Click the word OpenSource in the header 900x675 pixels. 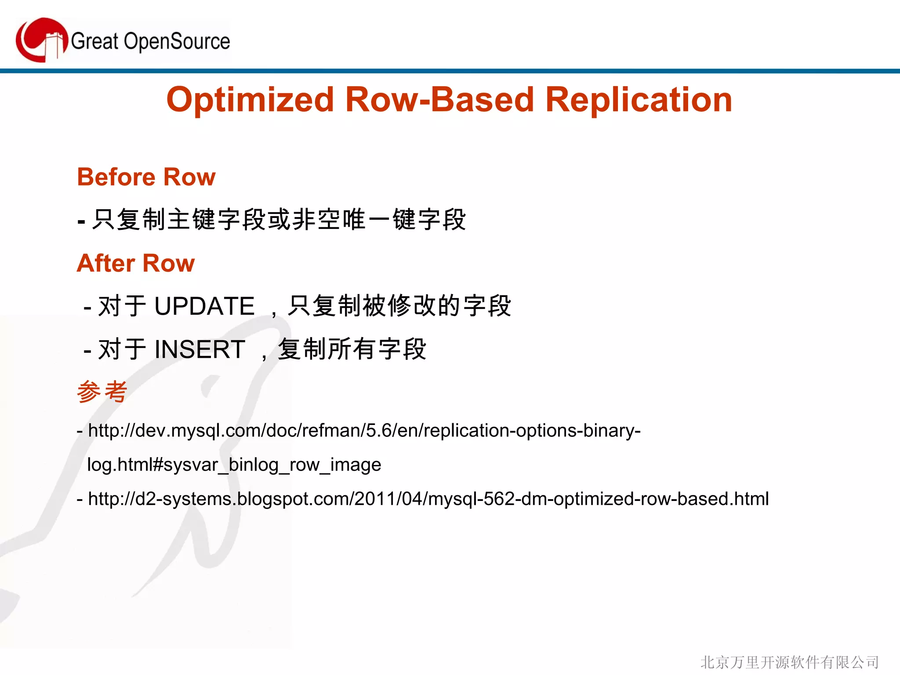click(177, 41)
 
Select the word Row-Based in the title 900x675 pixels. click(439, 99)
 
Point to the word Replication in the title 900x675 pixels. click(639, 99)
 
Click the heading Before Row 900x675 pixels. click(146, 177)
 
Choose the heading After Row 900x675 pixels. click(135, 263)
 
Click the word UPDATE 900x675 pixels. click(204, 306)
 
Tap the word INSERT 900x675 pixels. click(200, 349)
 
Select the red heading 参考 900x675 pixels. click(102, 391)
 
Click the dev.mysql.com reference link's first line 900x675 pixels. click(364, 430)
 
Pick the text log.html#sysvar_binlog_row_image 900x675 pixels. click(234, 465)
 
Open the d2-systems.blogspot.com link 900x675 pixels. click(428, 499)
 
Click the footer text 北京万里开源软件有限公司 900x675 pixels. click(789, 662)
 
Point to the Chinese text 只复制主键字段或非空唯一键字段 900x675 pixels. click(279, 219)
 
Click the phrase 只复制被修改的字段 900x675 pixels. click(399, 306)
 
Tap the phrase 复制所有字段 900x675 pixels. click(352, 349)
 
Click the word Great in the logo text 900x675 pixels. click(94, 41)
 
